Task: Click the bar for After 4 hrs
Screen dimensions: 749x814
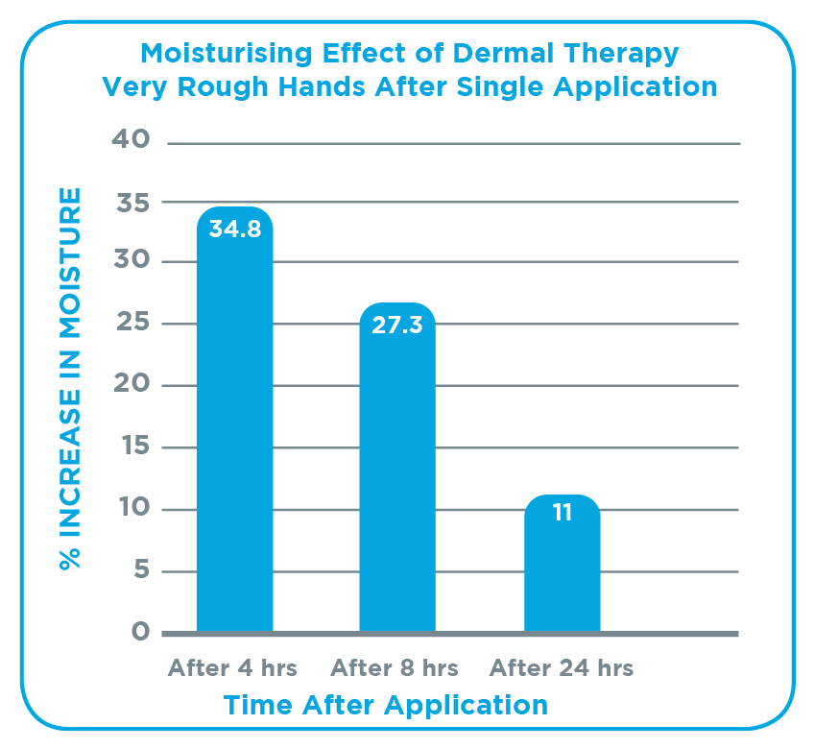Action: [x=235, y=432]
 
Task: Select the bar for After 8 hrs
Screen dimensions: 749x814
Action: [x=397, y=480]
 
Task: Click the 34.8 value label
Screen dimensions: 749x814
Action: [x=235, y=230]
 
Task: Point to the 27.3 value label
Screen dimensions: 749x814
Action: [x=397, y=325]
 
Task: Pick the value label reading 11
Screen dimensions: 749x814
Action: [x=562, y=513]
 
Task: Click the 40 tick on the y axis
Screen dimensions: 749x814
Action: [x=132, y=140]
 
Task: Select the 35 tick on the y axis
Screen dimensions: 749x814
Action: [x=132, y=203]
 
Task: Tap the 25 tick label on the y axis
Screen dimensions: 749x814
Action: [x=132, y=324]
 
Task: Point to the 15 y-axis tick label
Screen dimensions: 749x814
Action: [x=133, y=447]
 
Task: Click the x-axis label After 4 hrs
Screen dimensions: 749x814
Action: [x=232, y=667]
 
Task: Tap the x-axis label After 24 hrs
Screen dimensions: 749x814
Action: [x=563, y=667]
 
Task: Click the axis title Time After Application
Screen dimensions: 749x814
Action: [x=386, y=706]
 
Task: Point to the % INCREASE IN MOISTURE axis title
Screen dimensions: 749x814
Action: [x=70, y=379]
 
